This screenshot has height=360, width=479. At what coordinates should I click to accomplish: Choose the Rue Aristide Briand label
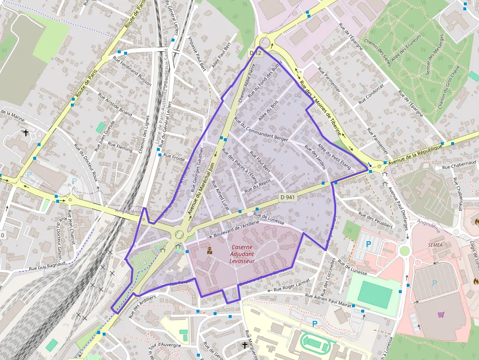tap(115, 105)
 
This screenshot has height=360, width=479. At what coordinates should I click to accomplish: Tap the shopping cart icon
tap(441, 315)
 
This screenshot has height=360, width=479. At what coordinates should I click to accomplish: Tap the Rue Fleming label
tap(120, 147)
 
